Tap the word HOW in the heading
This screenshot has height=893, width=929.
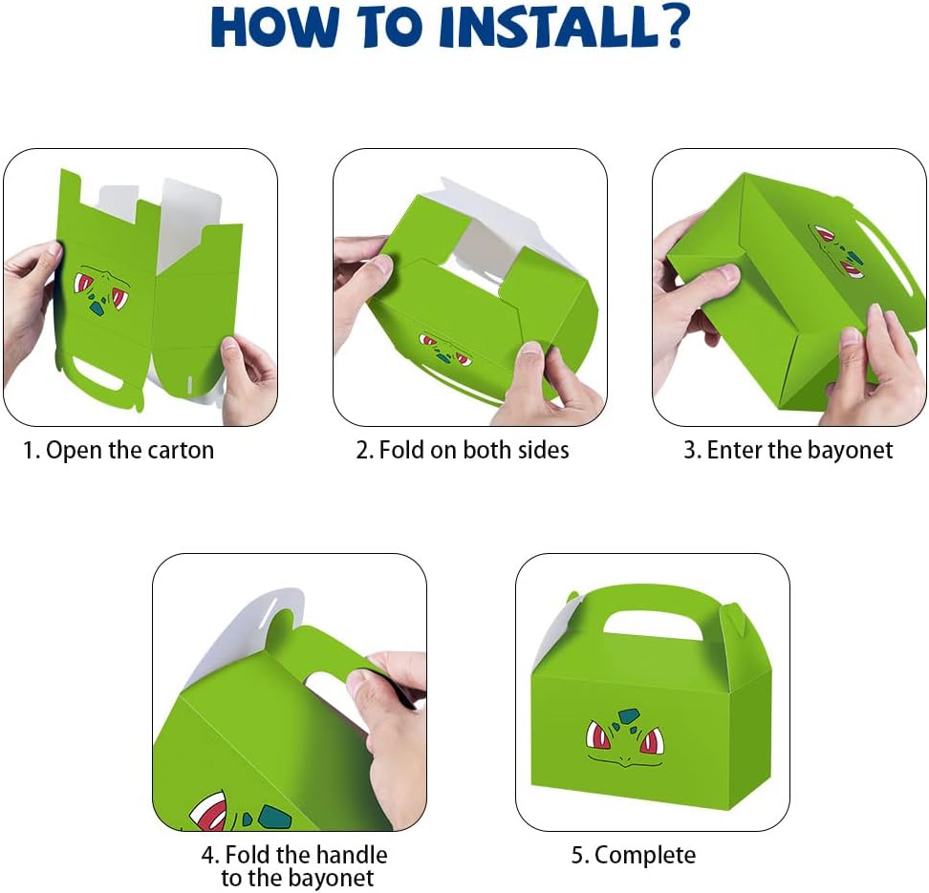click(273, 28)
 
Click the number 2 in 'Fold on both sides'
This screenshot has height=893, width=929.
click(361, 450)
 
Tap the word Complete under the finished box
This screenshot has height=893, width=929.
click(644, 855)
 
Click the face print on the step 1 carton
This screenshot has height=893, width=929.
click(100, 290)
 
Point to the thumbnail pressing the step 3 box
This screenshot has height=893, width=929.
click(724, 275)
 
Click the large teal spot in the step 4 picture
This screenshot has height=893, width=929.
click(273, 817)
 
